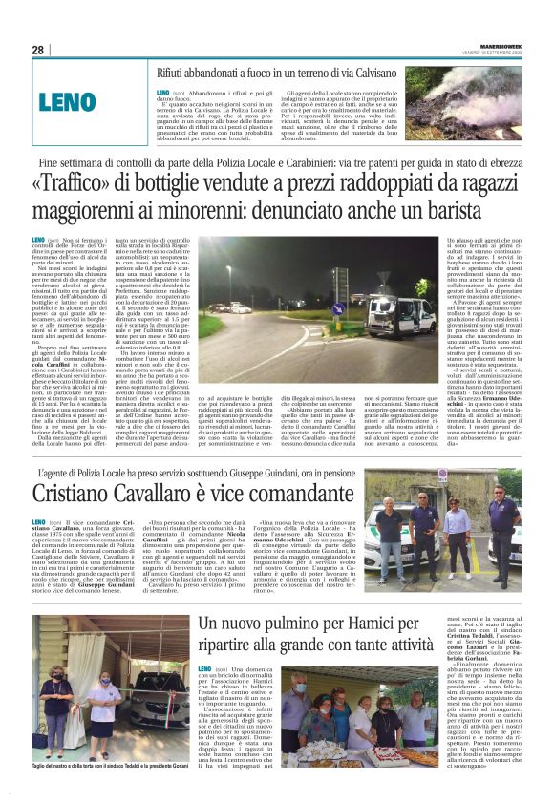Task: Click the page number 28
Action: (37, 50)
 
